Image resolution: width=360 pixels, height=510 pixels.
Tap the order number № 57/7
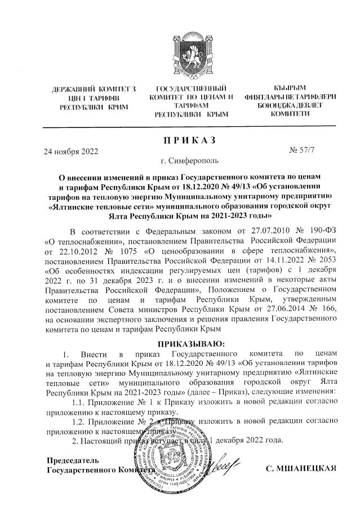tap(301, 150)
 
